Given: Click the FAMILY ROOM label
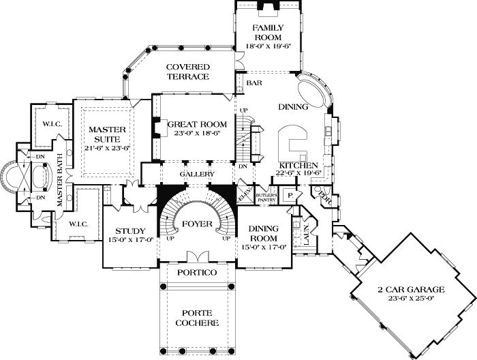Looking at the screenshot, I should tap(268, 32).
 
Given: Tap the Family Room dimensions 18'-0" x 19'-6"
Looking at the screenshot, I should tap(268, 46).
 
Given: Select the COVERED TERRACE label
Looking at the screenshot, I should tap(187, 72).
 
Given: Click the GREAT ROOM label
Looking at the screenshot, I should tap(197, 125).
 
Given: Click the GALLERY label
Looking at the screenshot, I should tap(197, 175).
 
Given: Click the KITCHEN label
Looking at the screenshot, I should tap(296, 166).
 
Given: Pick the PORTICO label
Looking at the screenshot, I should tap(197, 273).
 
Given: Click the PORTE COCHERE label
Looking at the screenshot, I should tap(197, 318).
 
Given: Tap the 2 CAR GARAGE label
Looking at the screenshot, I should tap(411, 289).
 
